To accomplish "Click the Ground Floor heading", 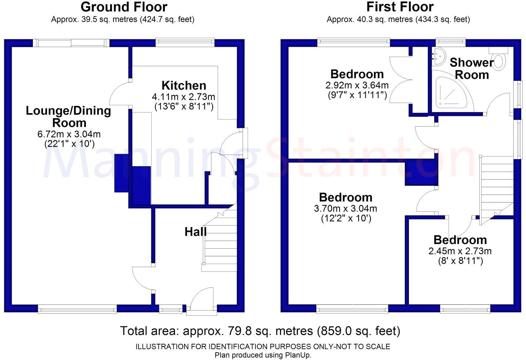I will (x=123, y=7).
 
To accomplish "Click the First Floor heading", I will (x=400, y=7).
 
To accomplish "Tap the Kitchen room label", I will (x=184, y=86).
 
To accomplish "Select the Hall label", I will (x=195, y=232).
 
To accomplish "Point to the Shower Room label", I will (x=472, y=69).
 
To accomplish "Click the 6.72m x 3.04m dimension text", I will (x=69, y=135).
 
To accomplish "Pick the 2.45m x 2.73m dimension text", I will (x=460, y=251).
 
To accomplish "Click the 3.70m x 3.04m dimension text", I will (x=345, y=208).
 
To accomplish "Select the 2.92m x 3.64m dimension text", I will (x=357, y=86).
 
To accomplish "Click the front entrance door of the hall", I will (x=202, y=301).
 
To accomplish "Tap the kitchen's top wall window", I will (x=185, y=42).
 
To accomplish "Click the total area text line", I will (x=260, y=331).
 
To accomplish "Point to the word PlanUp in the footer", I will (x=298, y=355).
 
